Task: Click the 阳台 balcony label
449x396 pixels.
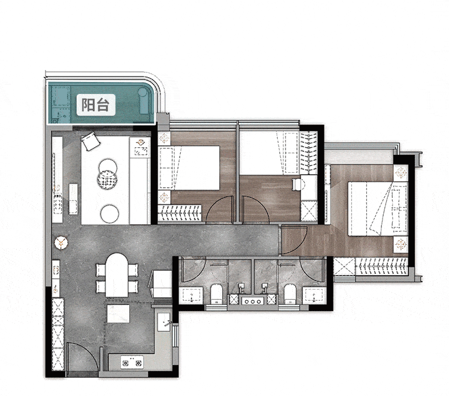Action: pyautogui.click(x=96, y=105)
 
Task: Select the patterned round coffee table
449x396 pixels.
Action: pyautogui.click(x=107, y=179)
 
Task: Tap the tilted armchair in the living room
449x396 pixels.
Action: pyautogui.click(x=90, y=141)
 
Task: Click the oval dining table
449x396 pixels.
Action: pyautogui.click(x=117, y=275)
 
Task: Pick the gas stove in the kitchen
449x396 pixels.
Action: pyautogui.click(x=132, y=363)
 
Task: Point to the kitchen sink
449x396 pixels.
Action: pyautogui.click(x=164, y=322)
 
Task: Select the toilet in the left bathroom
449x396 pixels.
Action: pyautogui.click(x=217, y=294)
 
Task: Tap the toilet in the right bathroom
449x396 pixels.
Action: pyautogui.click(x=290, y=294)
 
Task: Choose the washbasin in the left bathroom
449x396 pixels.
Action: pyautogui.click(x=191, y=296)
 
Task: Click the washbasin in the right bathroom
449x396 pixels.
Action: pyautogui.click(x=314, y=296)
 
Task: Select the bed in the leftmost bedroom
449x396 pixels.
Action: pyautogui.click(x=189, y=167)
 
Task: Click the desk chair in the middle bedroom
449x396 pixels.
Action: pyautogui.click(x=296, y=184)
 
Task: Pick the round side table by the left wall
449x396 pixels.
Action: pyautogui.click(x=61, y=243)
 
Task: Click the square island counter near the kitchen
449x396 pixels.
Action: pyautogui.click(x=118, y=313)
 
